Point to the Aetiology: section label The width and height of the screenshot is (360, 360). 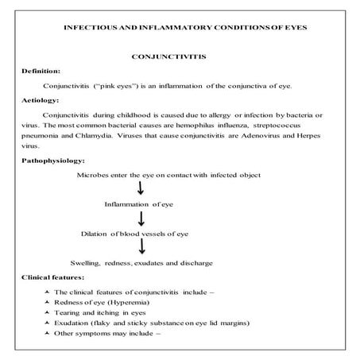coord(41,100)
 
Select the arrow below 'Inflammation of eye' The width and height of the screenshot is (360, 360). coord(141,219)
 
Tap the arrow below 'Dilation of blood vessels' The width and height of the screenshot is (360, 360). coord(141,247)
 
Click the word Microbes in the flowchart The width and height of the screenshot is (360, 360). coord(93,174)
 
